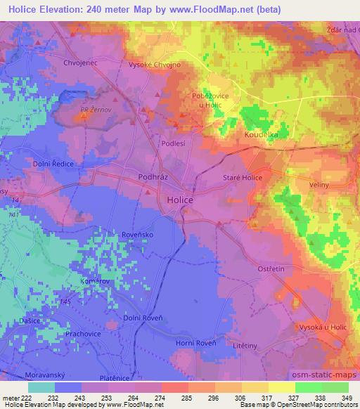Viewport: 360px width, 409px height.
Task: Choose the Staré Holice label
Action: pos(243,178)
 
